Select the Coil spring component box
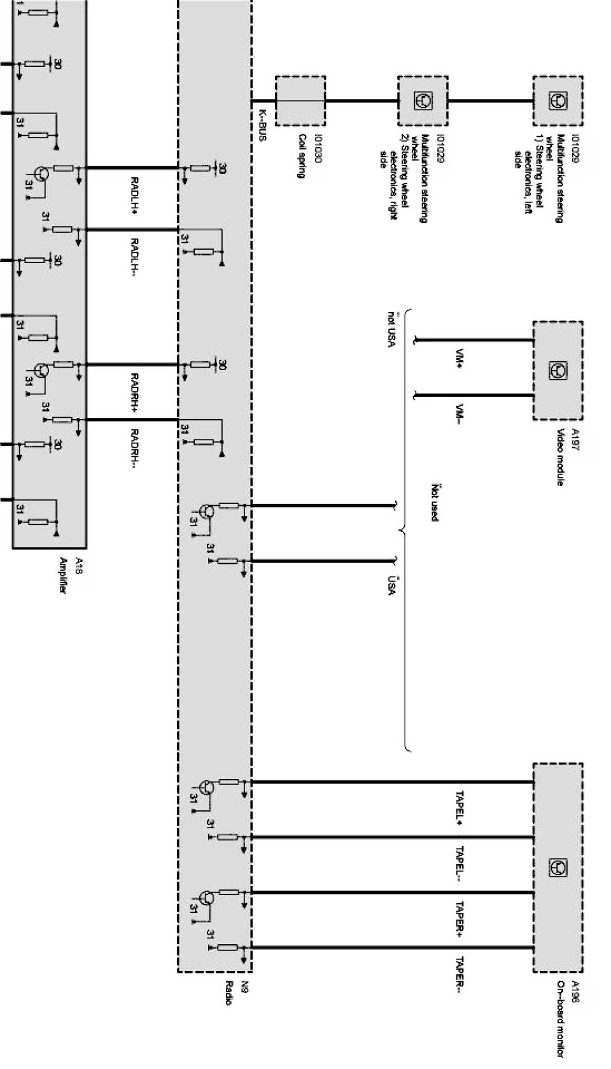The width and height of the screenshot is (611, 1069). click(x=300, y=101)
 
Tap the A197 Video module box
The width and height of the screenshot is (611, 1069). click(x=558, y=370)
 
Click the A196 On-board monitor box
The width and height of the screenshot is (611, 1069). click(x=558, y=867)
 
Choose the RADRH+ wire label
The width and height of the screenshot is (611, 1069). click(x=135, y=390)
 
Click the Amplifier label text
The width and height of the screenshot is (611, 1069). click(x=63, y=576)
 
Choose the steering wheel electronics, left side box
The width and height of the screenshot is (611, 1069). click(x=558, y=101)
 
